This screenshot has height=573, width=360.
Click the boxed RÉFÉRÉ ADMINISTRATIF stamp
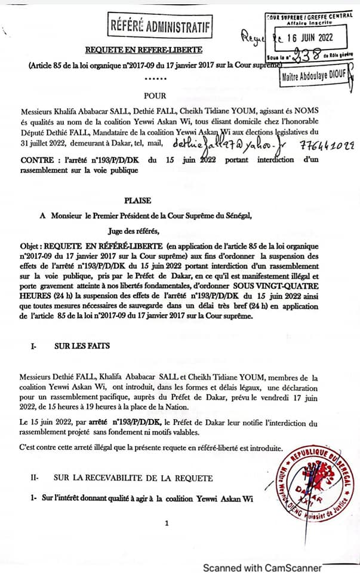tap(161, 26)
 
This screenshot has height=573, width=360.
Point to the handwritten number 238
tap(301, 53)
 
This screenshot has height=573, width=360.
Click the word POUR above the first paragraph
tap(156, 95)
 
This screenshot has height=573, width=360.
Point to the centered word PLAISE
tap(137, 201)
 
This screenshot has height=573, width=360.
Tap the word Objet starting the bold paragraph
tap(29, 246)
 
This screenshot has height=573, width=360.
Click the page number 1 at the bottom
tap(167, 523)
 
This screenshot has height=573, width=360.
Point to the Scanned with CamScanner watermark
tap(262, 568)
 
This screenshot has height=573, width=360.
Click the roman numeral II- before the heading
tap(35, 478)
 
